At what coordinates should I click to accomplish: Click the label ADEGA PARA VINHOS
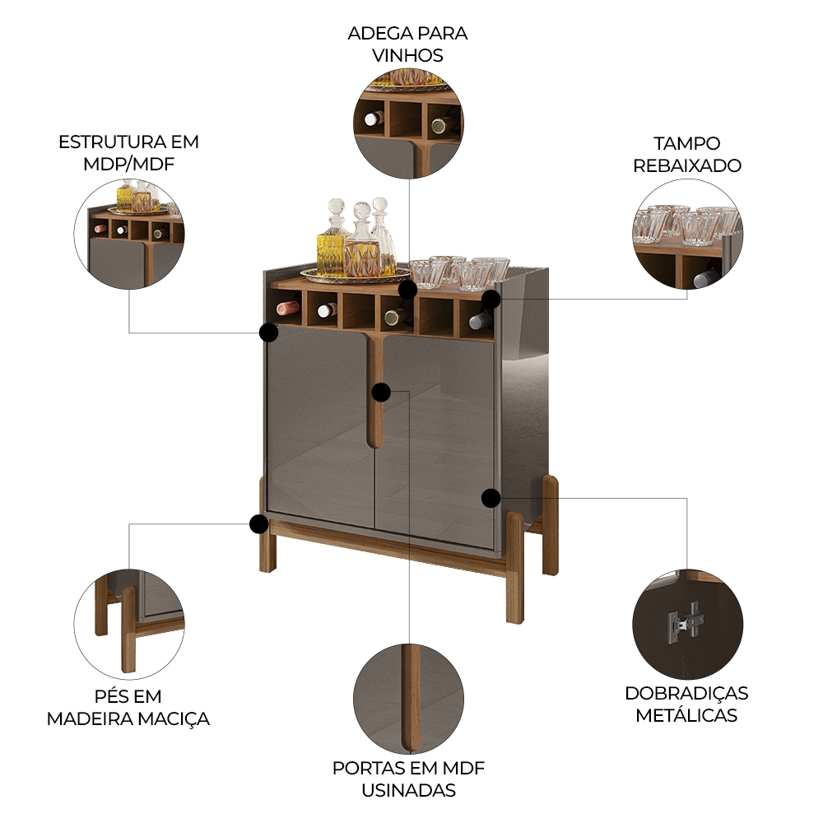pos(407,44)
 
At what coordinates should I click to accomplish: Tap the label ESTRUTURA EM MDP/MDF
pos(128,152)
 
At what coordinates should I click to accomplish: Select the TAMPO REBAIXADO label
pos(687,154)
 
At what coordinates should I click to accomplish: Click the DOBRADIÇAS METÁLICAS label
pos(687,704)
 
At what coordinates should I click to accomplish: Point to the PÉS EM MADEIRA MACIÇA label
pos(128,708)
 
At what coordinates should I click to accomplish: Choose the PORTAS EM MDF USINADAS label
pos(408,779)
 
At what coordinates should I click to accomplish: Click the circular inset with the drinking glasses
pos(687,235)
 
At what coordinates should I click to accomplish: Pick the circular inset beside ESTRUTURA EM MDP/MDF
pos(129,234)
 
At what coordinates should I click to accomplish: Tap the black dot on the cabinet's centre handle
pos(380,392)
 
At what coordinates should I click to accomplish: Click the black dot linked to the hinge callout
pos(491,497)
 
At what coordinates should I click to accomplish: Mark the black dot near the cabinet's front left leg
pos(258,523)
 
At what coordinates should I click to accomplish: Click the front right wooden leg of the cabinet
pos(514,568)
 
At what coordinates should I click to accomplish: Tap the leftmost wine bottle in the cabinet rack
pos(288,308)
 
